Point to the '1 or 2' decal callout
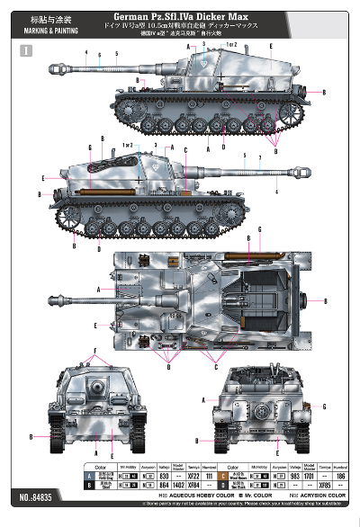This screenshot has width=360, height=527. pyautogui.click(x=231, y=44)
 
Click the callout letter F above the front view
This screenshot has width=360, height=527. pyautogui.click(x=94, y=349)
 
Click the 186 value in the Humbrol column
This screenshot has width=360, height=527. pyautogui.click(x=339, y=475)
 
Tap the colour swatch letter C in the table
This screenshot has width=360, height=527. pyautogui.click(x=197, y=475)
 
